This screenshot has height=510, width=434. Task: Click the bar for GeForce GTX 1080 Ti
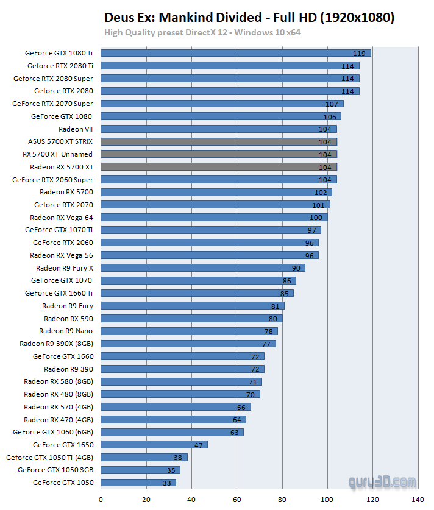(x=235, y=53)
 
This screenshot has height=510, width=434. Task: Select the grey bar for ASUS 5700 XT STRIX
(x=218, y=141)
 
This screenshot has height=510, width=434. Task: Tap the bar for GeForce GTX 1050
(x=138, y=483)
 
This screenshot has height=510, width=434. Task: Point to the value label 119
(x=360, y=53)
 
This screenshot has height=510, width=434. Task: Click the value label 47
(x=198, y=445)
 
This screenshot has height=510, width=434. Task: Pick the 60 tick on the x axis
(x=237, y=499)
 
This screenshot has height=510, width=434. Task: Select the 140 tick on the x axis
(x=418, y=499)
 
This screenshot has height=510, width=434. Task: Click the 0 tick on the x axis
(x=101, y=499)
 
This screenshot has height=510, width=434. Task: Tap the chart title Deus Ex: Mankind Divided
(x=249, y=18)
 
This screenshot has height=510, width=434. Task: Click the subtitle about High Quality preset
(x=202, y=32)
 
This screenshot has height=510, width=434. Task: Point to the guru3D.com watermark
(x=383, y=481)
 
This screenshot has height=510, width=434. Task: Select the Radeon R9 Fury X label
(x=65, y=267)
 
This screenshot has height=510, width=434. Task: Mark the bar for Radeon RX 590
(x=191, y=318)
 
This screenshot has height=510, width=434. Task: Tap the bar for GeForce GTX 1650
(x=154, y=445)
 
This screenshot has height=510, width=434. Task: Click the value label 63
(x=235, y=432)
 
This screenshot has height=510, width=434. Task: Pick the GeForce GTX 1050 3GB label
(x=55, y=470)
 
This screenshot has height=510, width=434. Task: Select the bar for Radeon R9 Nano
(x=189, y=331)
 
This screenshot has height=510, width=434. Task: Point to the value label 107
(x=332, y=104)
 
